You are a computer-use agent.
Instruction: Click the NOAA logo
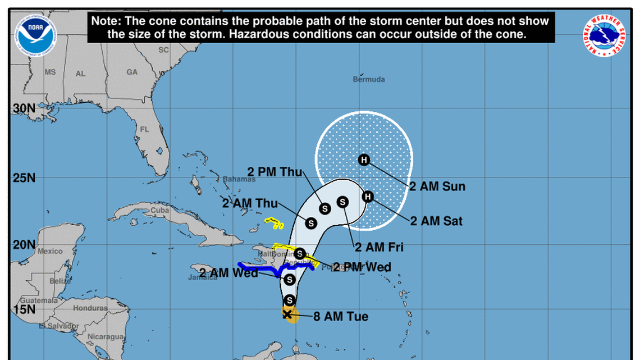tap(35, 35)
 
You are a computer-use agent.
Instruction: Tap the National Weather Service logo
tap(604, 35)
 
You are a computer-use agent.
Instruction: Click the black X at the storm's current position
tap(287, 315)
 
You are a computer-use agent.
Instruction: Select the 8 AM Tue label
tap(341, 317)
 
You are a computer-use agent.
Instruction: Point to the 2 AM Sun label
tap(437, 186)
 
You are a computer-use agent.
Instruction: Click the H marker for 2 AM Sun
tap(364, 160)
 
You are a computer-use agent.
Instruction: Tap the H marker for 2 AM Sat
tap(368, 196)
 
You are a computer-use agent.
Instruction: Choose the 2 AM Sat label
tap(436, 221)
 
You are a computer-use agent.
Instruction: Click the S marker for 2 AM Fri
tap(342, 202)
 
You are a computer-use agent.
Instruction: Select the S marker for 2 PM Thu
tap(324, 208)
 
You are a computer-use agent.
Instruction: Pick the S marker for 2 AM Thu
tap(310, 223)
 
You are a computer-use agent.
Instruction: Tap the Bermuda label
tap(369, 80)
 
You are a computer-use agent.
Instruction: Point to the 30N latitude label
tap(24, 108)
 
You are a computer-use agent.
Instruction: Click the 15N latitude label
tap(24, 309)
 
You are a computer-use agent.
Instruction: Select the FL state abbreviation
tap(144, 130)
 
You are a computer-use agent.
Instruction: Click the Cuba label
tap(159, 211)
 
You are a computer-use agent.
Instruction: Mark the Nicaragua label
tap(106, 337)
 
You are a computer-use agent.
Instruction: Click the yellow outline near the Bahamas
tap(274, 223)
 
